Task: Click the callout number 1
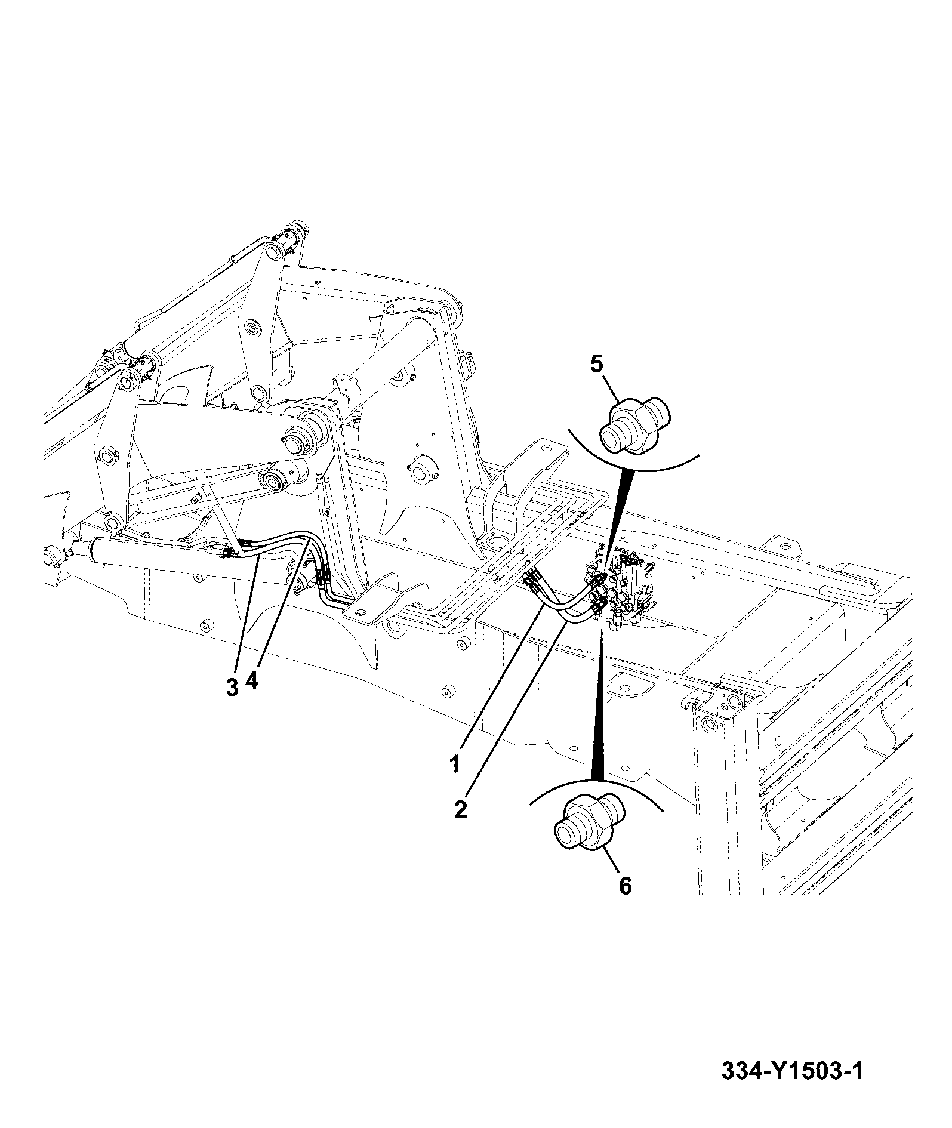455,764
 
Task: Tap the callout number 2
460,810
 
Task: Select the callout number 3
233,687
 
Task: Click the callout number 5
597,363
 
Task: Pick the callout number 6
624,902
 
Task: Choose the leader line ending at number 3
248,615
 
